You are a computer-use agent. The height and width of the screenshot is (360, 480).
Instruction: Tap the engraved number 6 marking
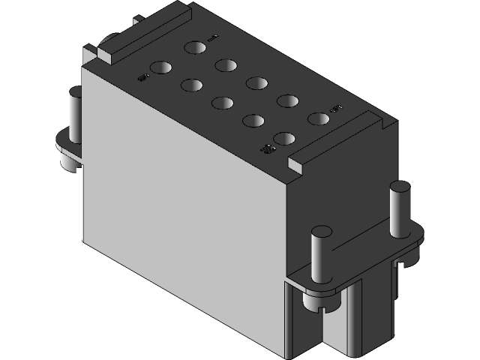(x=142, y=76)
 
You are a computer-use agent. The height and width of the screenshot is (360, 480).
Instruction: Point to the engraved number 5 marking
(x=336, y=108)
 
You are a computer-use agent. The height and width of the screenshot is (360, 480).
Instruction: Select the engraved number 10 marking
(x=265, y=148)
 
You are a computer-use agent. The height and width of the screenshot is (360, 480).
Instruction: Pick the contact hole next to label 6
(x=160, y=68)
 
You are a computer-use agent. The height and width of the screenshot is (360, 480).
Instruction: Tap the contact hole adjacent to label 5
(x=318, y=118)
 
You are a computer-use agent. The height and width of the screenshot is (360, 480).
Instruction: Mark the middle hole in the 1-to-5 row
(x=256, y=83)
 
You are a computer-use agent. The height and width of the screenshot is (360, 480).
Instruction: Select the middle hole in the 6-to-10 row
(x=222, y=103)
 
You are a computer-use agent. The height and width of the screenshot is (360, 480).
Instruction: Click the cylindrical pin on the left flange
(x=75, y=112)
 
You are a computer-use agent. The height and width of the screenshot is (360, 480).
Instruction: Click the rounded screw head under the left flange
(x=64, y=161)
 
